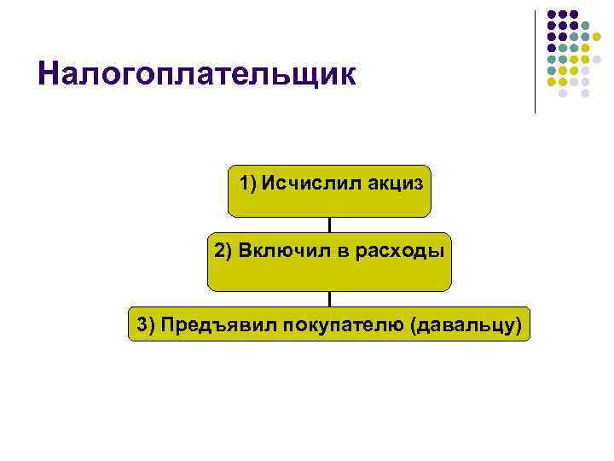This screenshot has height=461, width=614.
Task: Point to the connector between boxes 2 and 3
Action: [329, 298]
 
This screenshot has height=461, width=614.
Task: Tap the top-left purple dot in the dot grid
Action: [551, 15]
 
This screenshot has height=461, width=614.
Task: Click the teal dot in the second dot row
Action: [585, 26]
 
